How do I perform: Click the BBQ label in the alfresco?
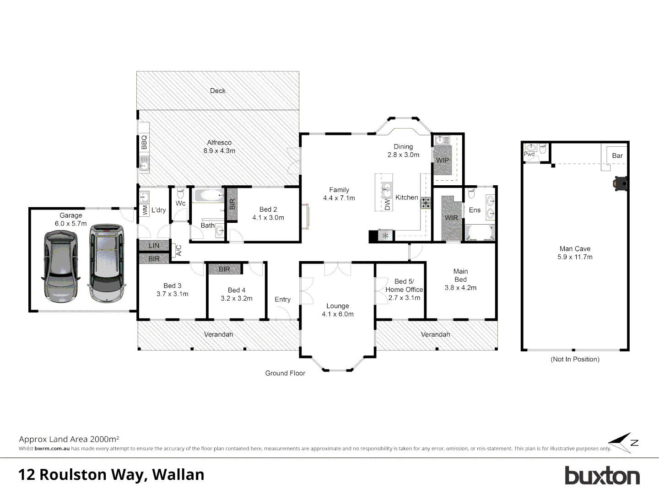click(144, 142)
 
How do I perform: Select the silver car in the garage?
click(107, 263)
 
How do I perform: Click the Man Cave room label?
click(575, 249)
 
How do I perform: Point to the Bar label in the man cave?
click(617, 156)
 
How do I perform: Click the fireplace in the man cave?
click(620, 183)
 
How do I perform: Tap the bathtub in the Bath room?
click(209, 196)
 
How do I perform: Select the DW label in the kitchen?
click(388, 204)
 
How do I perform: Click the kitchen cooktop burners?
click(426, 203)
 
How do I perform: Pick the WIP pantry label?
click(443, 160)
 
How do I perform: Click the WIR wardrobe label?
click(451, 218)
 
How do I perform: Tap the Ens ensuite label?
click(475, 210)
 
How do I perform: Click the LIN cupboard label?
click(154, 246)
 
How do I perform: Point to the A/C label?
click(179, 250)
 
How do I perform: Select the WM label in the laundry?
click(145, 210)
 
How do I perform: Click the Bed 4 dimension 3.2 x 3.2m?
click(237, 298)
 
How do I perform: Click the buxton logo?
click(602, 476)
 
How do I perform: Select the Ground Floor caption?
click(285, 373)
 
